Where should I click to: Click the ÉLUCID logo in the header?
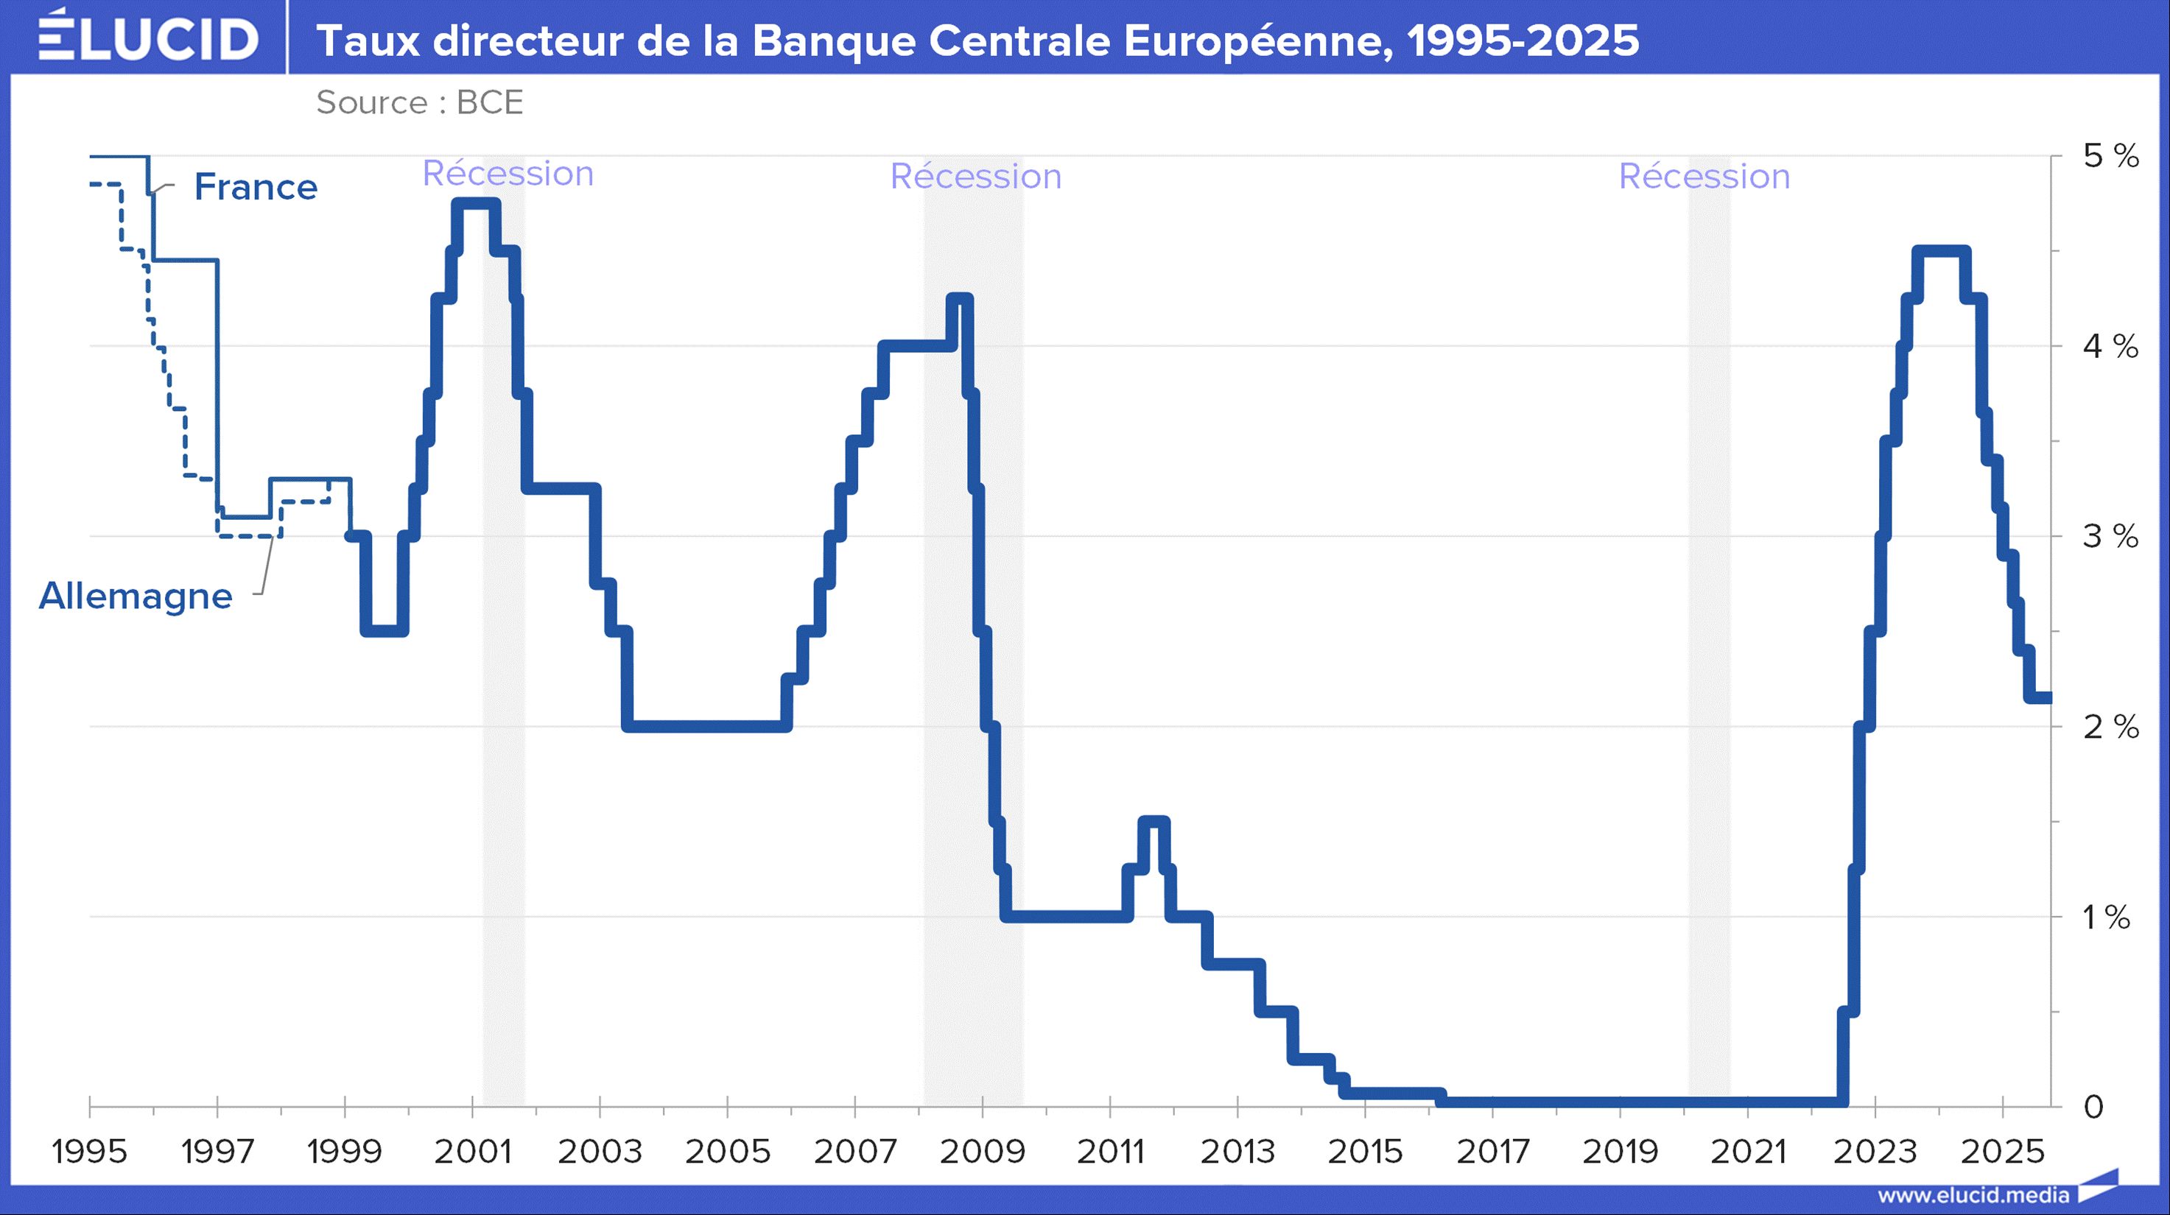148,37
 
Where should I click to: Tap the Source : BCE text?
420,103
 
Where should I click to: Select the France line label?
256,187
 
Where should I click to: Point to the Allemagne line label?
136,596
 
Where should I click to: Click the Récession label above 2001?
508,174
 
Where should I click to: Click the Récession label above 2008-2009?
975,177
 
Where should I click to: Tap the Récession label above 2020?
1704,177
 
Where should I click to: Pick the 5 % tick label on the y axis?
2110,156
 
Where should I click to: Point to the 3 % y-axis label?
2110,536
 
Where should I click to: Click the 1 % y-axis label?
2107,916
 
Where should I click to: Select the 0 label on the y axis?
2093,1106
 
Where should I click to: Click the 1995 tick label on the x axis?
89,1151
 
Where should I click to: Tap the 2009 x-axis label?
982,1151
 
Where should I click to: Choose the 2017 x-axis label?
1493,1151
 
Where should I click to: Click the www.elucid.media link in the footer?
1973,1195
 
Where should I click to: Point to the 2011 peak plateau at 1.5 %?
1154,822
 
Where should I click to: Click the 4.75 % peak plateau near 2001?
476,204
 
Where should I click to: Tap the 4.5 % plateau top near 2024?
1941,251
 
